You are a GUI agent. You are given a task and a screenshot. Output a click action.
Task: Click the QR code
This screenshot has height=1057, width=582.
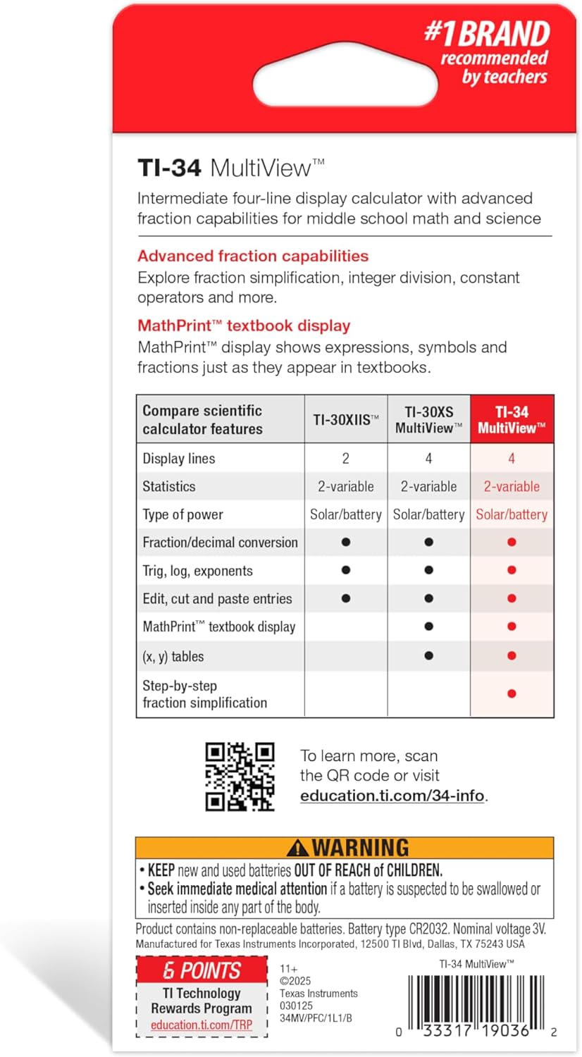[x=240, y=776]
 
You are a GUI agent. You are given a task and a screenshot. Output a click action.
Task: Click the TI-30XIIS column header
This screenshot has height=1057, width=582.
[x=345, y=419]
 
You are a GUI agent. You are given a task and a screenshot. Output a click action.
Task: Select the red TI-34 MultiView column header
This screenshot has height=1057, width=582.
[x=512, y=419]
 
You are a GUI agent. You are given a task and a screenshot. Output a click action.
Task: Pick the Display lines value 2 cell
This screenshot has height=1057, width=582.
[x=345, y=458]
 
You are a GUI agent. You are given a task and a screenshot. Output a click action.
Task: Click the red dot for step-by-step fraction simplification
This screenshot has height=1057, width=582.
[x=512, y=693]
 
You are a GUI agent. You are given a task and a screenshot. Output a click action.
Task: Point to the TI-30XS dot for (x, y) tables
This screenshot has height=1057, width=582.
[x=428, y=655]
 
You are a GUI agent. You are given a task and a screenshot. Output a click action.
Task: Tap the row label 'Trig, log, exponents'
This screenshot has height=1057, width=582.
[x=197, y=571]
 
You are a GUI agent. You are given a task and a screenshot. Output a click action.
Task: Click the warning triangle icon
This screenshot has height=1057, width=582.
[x=298, y=848]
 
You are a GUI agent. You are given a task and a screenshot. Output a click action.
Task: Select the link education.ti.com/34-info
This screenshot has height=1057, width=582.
[x=392, y=796]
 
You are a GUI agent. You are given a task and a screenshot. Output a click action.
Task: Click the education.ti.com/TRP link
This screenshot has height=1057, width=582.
[x=202, y=1025]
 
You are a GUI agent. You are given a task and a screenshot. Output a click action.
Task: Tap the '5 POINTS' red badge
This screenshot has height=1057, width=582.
[x=202, y=970]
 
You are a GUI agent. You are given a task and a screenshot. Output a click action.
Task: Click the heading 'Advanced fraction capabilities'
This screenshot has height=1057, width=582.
[x=253, y=256]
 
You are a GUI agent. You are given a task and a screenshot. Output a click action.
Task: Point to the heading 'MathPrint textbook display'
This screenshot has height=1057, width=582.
[x=244, y=326]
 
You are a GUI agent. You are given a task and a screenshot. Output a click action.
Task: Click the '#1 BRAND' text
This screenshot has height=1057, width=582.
[x=486, y=33]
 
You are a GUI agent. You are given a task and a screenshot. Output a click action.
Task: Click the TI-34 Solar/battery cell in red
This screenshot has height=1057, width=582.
[x=512, y=514]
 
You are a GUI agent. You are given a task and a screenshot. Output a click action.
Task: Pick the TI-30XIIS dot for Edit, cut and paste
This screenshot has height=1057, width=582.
[x=345, y=598]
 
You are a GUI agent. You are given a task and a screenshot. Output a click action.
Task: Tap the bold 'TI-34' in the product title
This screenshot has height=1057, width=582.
[x=169, y=168]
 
